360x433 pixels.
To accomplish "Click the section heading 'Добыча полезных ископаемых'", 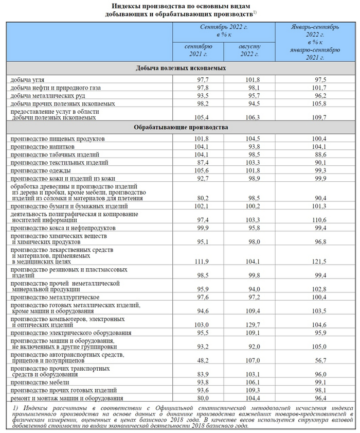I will point(182,68).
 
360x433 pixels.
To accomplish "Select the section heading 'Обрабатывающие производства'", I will point(182,127).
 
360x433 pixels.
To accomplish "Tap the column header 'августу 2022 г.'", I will point(250,50).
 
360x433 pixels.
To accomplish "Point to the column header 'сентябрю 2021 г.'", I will point(198,50).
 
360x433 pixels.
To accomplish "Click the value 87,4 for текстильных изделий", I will point(200,162).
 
